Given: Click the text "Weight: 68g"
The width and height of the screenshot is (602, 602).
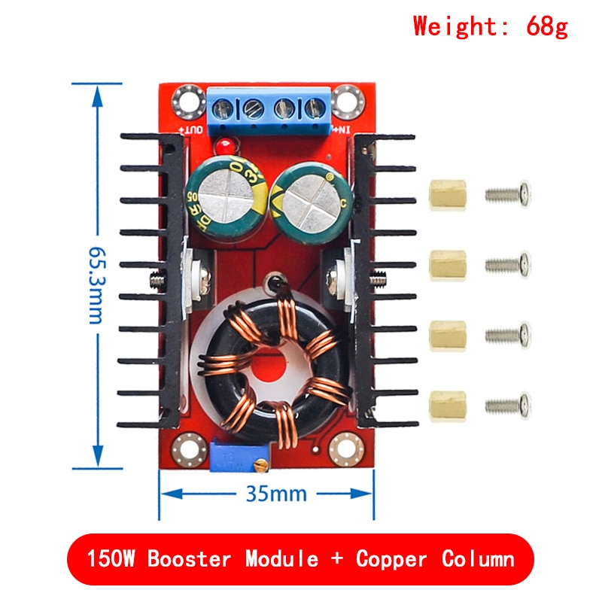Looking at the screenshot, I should click(x=490, y=27).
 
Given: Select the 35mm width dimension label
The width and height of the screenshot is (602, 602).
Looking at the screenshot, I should click(x=276, y=494).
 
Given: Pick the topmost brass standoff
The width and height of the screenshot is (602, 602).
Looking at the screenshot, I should click(x=447, y=196).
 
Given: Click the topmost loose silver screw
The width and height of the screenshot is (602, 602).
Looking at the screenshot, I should click(x=509, y=195).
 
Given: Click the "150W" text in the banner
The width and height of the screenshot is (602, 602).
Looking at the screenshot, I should click(x=111, y=559).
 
